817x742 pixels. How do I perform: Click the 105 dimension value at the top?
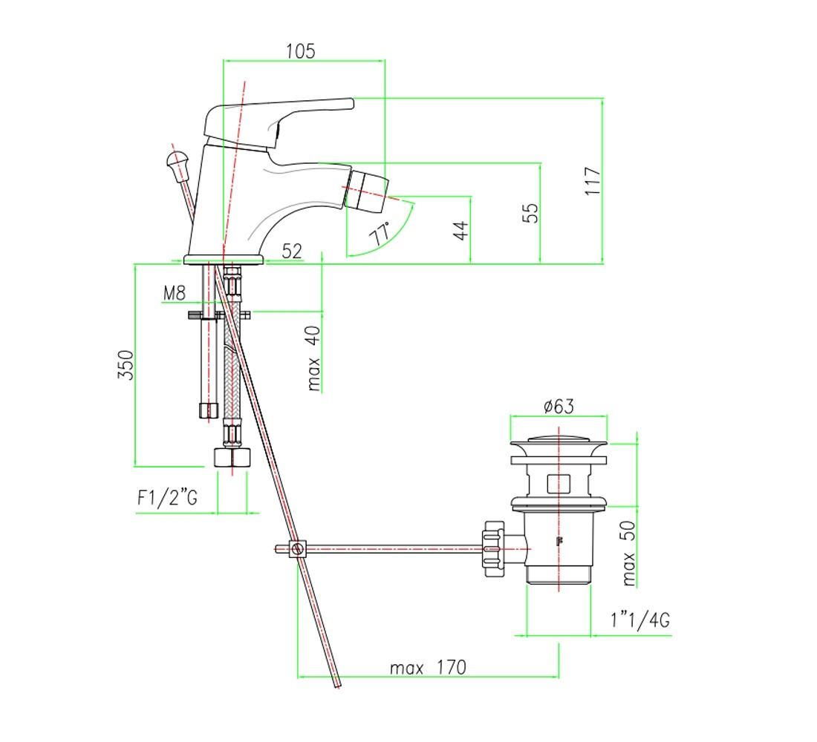(x=301, y=51)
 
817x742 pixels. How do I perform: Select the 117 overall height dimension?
(x=593, y=181)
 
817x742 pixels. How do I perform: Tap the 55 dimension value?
(x=530, y=214)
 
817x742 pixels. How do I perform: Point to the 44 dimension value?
(x=460, y=231)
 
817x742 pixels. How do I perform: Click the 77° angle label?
(x=380, y=234)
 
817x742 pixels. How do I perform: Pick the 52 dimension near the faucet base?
(x=292, y=251)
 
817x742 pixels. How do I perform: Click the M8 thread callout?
(x=174, y=293)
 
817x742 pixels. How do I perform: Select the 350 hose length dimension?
(x=126, y=365)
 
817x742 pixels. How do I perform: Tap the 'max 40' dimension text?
(x=313, y=358)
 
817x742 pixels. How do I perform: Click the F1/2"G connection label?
(x=167, y=498)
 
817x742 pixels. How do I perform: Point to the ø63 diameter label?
(x=559, y=406)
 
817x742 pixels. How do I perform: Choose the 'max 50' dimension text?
(x=629, y=553)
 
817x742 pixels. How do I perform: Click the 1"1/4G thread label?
(x=640, y=620)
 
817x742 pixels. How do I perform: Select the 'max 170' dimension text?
(x=428, y=668)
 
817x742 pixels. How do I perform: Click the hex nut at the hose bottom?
(x=232, y=456)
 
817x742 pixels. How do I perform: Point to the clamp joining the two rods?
(x=298, y=549)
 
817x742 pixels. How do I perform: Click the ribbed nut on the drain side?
(x=493, y=548)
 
